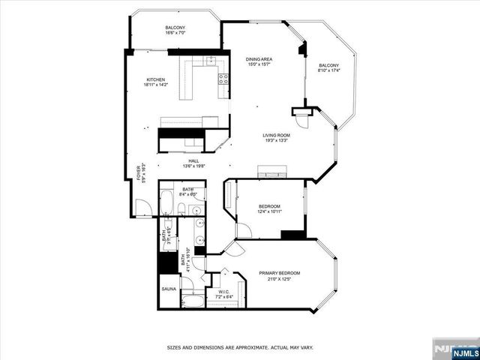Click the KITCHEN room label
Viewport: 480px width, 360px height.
pyautogui.click(x=155, y=79)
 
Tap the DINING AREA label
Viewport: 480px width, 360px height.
pyautogui.click(x=260, y=59)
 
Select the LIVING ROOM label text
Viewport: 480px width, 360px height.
pyautogui.click(x=276, y=135)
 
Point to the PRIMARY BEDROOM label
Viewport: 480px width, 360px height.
pyautogui.click(x=279, y=273)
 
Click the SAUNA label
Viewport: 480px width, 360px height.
pyautogui.click(x=168, y=288)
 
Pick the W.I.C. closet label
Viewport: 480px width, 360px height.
pyautogui.click(x=223, y=291)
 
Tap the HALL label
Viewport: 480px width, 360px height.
pyautogui.click(x=193, y=160)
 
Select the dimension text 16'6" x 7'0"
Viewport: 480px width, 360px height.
pyautogui.click(x=175, y=33)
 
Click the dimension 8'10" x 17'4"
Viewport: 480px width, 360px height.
pyautogui.click(x=328, y=71)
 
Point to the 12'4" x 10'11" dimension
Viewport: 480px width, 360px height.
pyautogui.click(x=269, y=211)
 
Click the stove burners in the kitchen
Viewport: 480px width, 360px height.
pyautogui.click(x=223, y=78)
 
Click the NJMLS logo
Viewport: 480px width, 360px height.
pyautogui.click(x=451, y=349)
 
